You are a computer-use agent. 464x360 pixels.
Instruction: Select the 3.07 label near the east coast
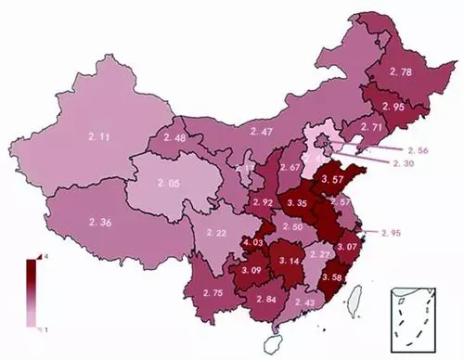(x=347, y=247)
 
